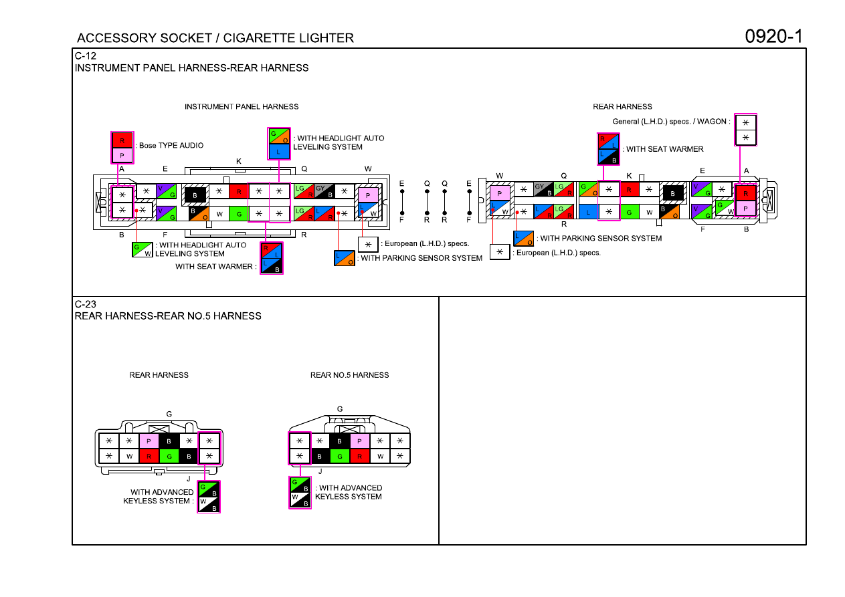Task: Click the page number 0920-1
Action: tap(773, 37)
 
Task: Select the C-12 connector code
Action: tap(86, 55)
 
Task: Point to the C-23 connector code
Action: tap(86, 304)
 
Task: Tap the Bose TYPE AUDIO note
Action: tap(171, 146)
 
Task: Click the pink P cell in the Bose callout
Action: tap(122, 155)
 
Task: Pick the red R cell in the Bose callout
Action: tap(122, 140)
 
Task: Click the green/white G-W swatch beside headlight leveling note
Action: tap(143, 249)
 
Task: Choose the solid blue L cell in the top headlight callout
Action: tap(279, 152)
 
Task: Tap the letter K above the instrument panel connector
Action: tap(239, 161)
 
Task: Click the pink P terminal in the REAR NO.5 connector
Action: tap(359, 441)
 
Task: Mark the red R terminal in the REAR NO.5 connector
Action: tap(359, 456)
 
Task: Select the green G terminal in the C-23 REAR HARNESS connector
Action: tap(169, 456)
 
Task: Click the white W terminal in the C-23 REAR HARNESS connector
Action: tap(129, 456)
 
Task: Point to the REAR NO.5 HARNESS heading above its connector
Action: tap(349, 375)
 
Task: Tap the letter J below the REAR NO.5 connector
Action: tap(320, 471)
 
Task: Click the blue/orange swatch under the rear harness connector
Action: tap(524, 238)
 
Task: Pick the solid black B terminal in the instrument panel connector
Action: tap(195, 195)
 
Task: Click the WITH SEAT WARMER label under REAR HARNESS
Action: tap(664, 149)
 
